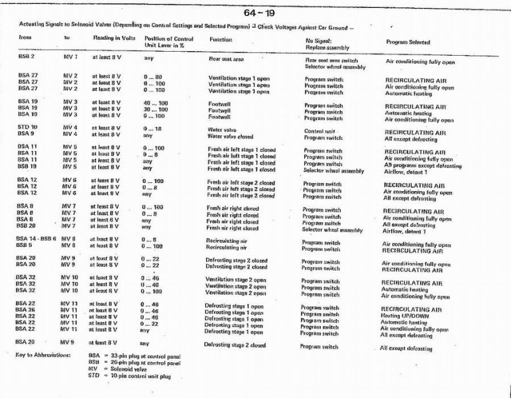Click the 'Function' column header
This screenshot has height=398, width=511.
(x=221, y=39)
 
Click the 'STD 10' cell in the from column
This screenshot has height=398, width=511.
(x=28, y=126)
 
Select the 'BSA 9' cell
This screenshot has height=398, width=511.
(x=27, y=133)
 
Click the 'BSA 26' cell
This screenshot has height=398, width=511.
(x=27, y=310)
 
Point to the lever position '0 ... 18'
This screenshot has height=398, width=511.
(x=152, y=126)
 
